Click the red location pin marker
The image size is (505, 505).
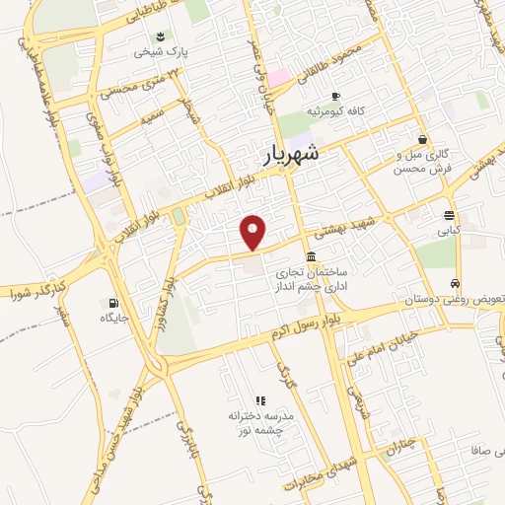coord(254,232)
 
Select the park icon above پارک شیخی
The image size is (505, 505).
coord(162,36)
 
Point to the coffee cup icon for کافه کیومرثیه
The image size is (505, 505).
coord(335,96)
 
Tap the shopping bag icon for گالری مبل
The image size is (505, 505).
coord(423,139)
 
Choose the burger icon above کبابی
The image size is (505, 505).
coord(450,215)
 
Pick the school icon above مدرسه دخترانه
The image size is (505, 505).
coord(260,400)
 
